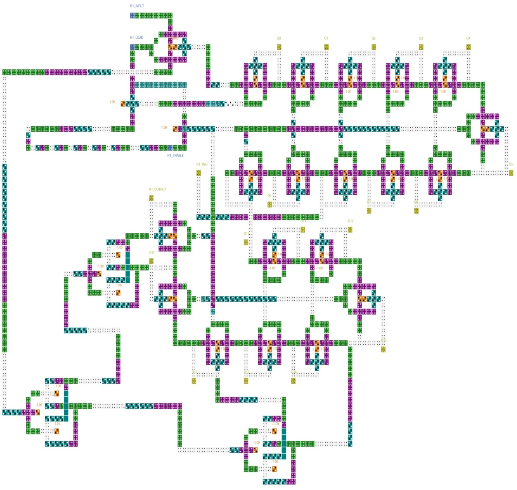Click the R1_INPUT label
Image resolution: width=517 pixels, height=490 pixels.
click(x=137, y=6)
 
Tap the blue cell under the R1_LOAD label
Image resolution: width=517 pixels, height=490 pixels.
click(x=132, y=47)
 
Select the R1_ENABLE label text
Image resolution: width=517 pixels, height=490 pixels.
click(x=175, y=155)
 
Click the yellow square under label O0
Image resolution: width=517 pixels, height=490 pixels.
click(x=279, y=47)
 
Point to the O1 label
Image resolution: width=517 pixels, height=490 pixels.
click(x=326, y=38)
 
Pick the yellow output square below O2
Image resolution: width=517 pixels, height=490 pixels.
click(x=374, y=47)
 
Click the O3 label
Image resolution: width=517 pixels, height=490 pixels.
click(x=421, y=38)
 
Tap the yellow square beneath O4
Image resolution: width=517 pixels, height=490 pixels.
click(x=468, y=47)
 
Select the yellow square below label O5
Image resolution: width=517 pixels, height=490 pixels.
click(x=511, y=173)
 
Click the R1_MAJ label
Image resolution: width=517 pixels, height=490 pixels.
click(x=202, y=165)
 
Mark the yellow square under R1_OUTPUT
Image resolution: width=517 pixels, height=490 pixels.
click(x=151, y=198)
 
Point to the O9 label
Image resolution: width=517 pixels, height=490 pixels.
click(x=269, y=196)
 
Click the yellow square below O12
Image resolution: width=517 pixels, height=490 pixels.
click(x=350, y=230)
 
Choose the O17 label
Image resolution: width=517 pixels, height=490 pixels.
click(x=151, y=253)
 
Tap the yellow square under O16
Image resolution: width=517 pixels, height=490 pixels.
click(x=194, y=380)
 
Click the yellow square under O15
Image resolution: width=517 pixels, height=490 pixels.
click(x=246, y=380)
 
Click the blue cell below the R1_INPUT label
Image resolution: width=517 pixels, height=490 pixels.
click(x=132, y=15)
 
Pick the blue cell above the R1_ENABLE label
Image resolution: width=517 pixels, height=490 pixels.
click(x=170, y=148)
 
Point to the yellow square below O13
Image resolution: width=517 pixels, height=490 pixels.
click(x=383, y=349)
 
